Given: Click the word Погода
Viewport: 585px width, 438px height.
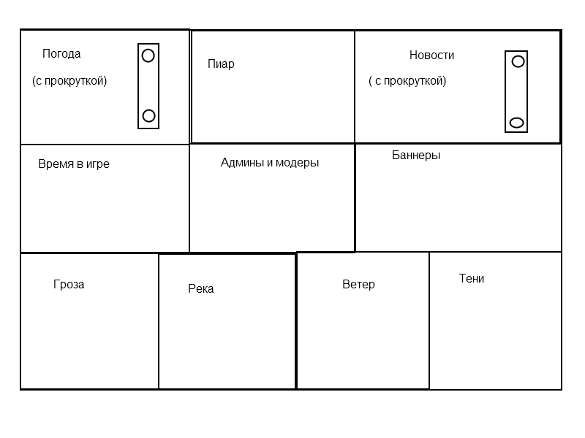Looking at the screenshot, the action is coord(61,54).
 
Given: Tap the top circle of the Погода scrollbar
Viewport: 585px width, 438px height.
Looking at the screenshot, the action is coord(148,55).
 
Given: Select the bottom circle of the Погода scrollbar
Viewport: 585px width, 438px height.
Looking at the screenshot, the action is coord(148,116).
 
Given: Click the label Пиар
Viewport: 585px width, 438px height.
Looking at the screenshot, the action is coord(221,64).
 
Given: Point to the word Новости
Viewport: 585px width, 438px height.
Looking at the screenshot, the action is coord(431,55).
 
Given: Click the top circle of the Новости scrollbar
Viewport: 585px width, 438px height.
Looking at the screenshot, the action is coord(518,61).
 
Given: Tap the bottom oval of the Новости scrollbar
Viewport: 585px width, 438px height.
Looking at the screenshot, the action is coord(517,123).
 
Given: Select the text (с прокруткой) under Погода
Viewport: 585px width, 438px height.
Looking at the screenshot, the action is coord(69,81).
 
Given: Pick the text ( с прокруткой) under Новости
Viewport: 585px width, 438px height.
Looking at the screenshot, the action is coord(407,81).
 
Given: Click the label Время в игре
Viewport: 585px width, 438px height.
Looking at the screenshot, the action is coord(74,164).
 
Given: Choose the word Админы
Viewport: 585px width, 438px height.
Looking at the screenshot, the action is coord(242,162).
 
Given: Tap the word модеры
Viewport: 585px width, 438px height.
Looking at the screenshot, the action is coord(298,163).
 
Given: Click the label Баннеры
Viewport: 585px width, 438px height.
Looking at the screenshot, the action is coord(416,155).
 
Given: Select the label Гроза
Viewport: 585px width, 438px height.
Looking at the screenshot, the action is coord(69,285).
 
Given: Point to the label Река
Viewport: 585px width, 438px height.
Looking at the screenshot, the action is coord(200,288).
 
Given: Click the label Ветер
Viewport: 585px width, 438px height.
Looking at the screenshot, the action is coord(358,284).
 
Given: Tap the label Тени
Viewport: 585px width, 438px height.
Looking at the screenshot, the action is coord(472,278).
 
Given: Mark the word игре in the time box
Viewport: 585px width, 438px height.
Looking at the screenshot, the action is coord(98,164).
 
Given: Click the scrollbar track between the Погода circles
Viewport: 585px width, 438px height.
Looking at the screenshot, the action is coord(148,85).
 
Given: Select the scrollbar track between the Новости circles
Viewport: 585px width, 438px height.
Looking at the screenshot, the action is coord(516,92).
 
